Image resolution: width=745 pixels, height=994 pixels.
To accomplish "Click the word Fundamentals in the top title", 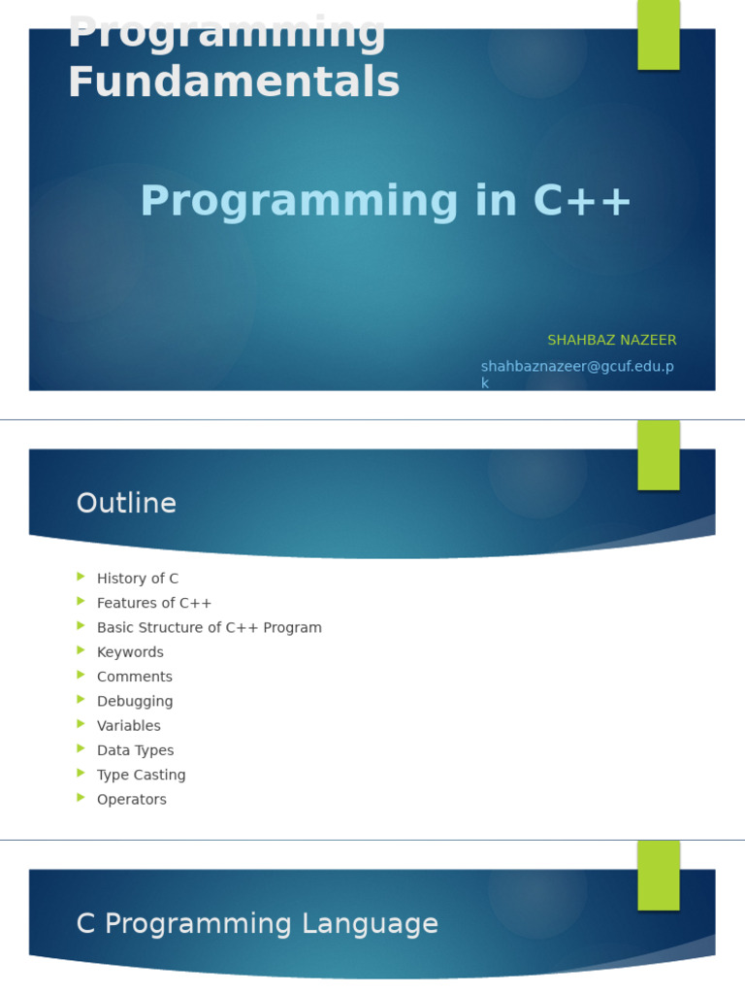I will coord(233,83).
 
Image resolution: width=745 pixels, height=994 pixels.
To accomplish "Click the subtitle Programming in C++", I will coord(386,202).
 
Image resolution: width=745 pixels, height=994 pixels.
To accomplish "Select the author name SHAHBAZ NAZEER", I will coord(611,341).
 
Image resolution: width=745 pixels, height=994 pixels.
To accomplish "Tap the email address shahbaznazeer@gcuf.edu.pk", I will coord(577,367).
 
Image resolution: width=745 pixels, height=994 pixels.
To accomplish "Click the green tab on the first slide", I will coord(658,35).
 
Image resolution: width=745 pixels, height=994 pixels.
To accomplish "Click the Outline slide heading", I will coord(126,504).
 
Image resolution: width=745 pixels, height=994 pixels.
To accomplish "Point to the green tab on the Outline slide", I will coord(658,455).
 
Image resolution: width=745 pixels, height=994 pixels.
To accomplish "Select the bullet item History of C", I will coord(137,579).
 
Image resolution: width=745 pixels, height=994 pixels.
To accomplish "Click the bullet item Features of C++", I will coord(153,603).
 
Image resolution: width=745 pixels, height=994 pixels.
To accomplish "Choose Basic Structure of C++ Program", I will coord(209,628).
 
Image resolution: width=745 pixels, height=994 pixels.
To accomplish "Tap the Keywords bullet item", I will coord(130,652).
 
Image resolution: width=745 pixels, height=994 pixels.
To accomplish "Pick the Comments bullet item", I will coord(134,677).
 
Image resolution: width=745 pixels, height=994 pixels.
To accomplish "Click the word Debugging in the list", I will coord(134,702).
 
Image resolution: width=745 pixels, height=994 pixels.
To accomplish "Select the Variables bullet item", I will coord(128,726).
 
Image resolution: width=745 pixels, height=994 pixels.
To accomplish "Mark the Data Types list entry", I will coord(135,750).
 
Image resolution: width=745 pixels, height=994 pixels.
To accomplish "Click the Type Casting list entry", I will coord(141,776).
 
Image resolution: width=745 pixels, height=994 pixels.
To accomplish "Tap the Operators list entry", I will coord(131,800).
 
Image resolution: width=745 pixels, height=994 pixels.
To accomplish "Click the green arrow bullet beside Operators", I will coord(81,798).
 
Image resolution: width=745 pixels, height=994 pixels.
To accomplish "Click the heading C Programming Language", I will coord(257,924).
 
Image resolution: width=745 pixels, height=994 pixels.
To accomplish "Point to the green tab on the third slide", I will coord(658,876).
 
